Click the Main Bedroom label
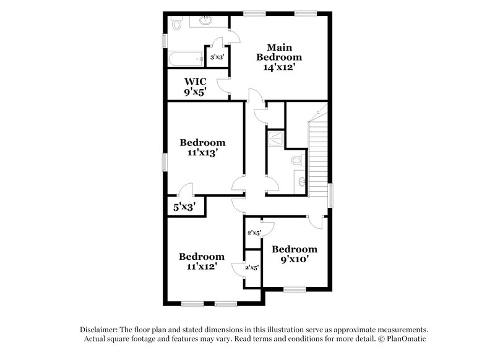[279, 52]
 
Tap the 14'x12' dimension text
[280, 68]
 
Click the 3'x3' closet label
[217, 58]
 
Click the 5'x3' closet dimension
[184, 208]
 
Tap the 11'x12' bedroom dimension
[202, 267]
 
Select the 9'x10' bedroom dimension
[295, 260]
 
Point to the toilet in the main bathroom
[175, 24]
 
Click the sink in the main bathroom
[206, 22]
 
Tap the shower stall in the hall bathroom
[277, 139]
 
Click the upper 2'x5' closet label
[254, 233]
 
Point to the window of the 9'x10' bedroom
[295, 289]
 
